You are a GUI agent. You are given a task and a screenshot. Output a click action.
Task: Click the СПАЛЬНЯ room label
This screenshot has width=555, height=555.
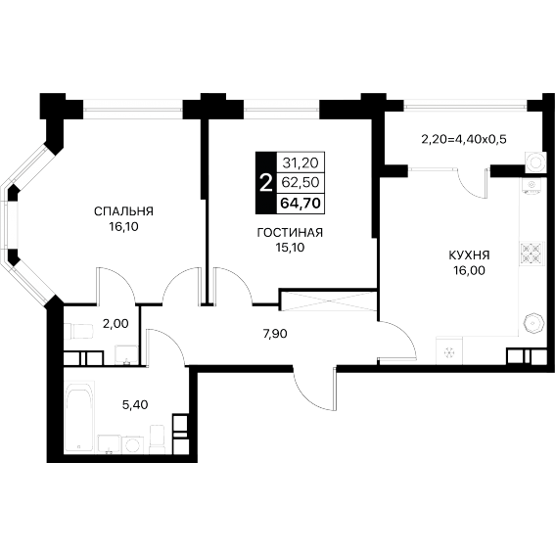pyautogui.click(x=123, y=211)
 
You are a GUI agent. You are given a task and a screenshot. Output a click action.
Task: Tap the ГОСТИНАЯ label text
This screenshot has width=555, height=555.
pyautogui.click(x=290, y=233)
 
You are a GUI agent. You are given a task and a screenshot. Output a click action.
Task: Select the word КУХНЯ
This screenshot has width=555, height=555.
pyautogui.click(x=469, y=254)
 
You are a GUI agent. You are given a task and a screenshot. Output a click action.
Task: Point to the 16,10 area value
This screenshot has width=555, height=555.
pyautogui.click(x=123, y=227)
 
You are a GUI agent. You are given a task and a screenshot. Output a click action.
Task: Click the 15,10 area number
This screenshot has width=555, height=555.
pyautogui.click(x=290, y=248)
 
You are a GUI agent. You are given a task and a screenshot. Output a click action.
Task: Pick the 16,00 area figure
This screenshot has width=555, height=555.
pyautogui.click(x=469, y=270)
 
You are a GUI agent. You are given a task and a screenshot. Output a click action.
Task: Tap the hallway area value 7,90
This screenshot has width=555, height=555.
pyautogui.click(x=275, y=334)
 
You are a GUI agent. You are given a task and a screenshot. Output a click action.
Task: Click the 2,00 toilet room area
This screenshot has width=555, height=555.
pyautogui.click(x=116, y=324)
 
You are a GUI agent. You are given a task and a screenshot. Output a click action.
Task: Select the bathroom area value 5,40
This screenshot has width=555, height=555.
pyautogui.click(x=135, y=404)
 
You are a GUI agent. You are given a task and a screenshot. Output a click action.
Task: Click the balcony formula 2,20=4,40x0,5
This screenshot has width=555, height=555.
pyautogui.click(x=464, y=139)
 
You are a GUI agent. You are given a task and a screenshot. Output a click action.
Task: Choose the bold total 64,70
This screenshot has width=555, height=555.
pyautogui.click(x=301, y=204)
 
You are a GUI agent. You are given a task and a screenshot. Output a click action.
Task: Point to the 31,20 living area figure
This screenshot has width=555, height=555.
pyautogui.click(x=301, y=162)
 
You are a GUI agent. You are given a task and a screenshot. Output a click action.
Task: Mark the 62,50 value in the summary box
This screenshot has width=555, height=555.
pyautogui.click(x=301, y=182)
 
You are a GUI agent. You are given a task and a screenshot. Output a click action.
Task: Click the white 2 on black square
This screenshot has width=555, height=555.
pyautogui.click(x=266, y=184)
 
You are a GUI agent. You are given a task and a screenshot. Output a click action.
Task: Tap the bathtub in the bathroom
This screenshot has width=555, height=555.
pyautogui.click(x=79, y=417)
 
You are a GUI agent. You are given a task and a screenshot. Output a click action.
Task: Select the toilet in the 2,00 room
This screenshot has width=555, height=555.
pyautogui.click(x=78, y=331)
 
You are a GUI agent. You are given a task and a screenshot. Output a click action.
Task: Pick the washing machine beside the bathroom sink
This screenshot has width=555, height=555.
pyautogui.click(x=133, y=445)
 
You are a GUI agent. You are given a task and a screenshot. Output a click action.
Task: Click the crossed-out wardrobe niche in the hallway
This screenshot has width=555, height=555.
pyautogui.click(x=328, y=301)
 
